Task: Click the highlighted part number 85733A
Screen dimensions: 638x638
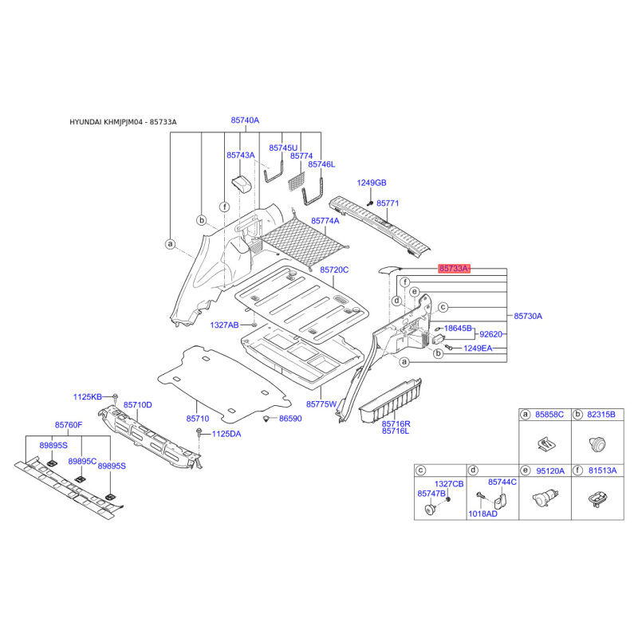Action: (454, 269)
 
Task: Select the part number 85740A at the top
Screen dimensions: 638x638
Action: (245, 120)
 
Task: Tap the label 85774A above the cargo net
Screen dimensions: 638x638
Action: (325, 221)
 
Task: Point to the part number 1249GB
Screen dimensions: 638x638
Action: (372, 183)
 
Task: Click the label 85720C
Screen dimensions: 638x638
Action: (334, 270)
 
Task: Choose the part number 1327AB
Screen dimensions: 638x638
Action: (224, 325)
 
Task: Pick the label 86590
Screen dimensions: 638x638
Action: (290, 418)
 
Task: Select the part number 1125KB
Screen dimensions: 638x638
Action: (88, 396)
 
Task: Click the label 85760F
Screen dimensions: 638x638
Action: (69, 425)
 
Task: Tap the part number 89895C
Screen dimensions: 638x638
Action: (82, 461)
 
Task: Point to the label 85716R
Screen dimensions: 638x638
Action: (396, 424)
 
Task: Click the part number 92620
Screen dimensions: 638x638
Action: (490, 334)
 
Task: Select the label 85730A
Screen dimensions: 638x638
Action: (528, 316)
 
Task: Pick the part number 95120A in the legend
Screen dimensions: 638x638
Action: (550, 471)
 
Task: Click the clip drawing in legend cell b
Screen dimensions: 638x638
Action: (597, 444)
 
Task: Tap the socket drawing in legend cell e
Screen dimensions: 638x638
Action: (545, 498)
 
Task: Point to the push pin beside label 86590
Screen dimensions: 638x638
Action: (266, 419)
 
